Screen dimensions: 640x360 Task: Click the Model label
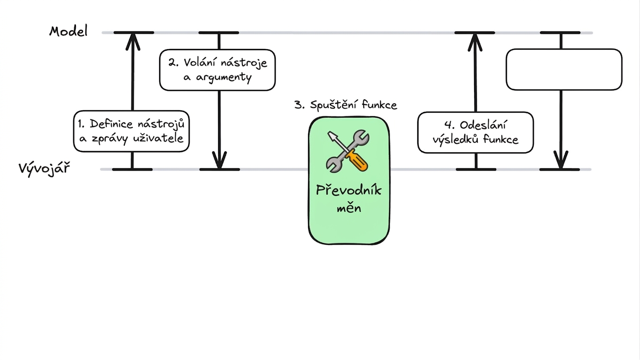[68, 31]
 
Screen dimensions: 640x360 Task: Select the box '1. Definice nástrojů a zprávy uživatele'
[131, 131]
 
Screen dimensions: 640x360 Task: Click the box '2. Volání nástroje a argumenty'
[218, 70]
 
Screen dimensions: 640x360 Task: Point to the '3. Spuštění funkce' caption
[346, 105]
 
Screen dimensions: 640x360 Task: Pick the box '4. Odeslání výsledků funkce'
[475, 133]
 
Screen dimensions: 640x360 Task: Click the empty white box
[564, 69]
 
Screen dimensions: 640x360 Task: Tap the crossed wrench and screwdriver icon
[348, 151]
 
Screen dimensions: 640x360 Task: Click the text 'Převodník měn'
[349, 199]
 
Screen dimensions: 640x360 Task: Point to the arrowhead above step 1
[133, 42]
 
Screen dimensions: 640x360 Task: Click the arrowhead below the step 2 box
[219, 160]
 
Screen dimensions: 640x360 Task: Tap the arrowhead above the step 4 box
[475, 42]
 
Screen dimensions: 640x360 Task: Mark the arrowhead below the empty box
[561, 160]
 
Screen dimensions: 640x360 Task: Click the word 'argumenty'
[224, 78]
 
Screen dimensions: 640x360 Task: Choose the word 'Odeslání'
[483, 125]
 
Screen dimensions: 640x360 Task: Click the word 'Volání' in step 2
[200, 62]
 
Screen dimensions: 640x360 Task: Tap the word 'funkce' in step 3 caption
[379, 105]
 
